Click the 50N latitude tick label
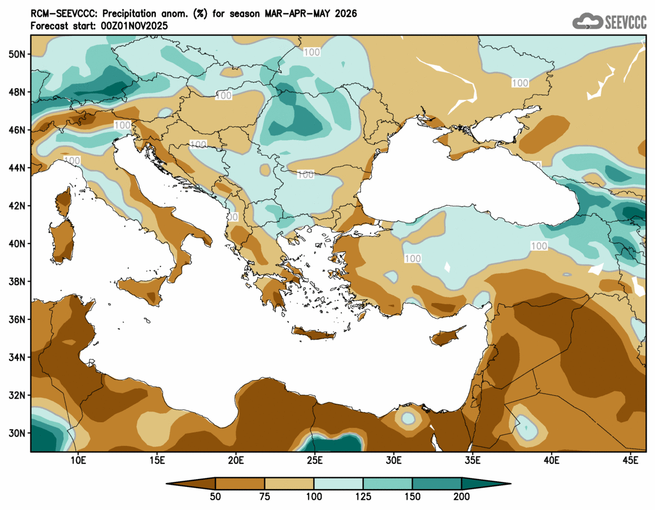tap(18, 54)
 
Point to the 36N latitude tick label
tap(18, 319)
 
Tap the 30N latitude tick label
tap(18, 433)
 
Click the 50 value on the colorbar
tap(215, 497)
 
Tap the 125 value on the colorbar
tap(363, 497)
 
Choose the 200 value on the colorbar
tap(462, 497)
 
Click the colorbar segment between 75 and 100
tap(289, 484)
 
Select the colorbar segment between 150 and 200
tap(437, 484)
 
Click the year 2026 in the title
tap(345, 13)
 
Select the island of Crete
tap(314, 334)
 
